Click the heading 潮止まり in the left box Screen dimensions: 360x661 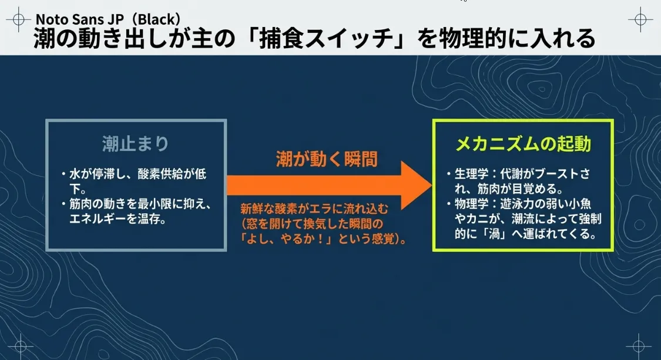[x=135, y=144]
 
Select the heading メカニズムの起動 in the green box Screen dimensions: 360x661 [x=524, y=144]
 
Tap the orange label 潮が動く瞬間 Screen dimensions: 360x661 [x=327, y=160]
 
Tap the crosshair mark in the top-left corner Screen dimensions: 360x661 [x=19, y=19]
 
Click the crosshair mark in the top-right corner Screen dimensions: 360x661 [x=640, y=19]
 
